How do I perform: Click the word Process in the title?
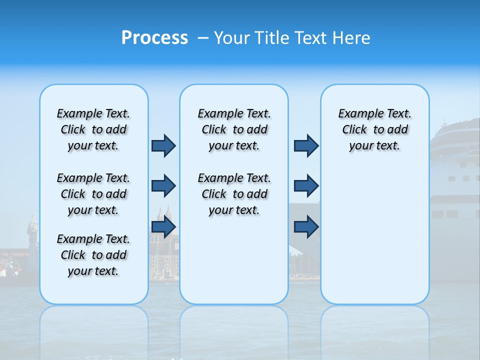click(x=154, y=37)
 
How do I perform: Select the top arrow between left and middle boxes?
click(x=163, y=145)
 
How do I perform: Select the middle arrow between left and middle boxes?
click(x=163, y=186)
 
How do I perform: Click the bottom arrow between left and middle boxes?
click(x=163, y=227)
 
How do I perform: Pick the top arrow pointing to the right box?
click(x=306, y=145)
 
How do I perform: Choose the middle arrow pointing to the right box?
click(x=306, y=186)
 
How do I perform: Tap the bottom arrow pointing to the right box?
click(x=306, y=227)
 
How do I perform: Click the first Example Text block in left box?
click(x=93, y=129)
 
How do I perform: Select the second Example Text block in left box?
click(x=93, y=194)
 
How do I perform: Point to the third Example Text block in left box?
click(x=93, y=255)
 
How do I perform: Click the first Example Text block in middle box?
click(x=234, y=129)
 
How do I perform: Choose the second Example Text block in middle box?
click(x=234, y=194)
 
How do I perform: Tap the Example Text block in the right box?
click(x=374, y=129)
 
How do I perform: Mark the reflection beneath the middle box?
click(x=234, y=330)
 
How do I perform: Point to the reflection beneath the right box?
click(x=374, y=330)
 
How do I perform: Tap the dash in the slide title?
click(x=203, y=38)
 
